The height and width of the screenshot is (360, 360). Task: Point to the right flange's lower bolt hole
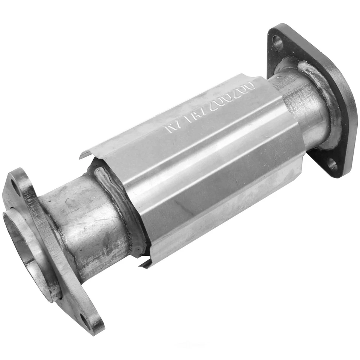[x=331, y=164]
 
